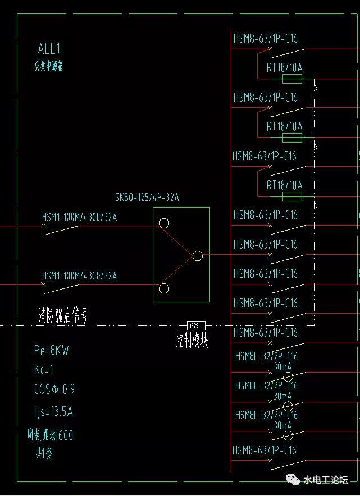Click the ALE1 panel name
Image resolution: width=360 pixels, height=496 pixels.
click(49, 49)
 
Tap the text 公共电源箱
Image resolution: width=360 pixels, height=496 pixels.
click(49, 66)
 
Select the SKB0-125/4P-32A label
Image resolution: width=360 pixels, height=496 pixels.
click(147, 197)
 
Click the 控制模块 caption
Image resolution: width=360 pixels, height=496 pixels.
click(192, 340)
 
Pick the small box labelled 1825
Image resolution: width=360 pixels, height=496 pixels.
click(195, 325)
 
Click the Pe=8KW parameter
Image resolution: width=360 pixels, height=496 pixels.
click(51, 351)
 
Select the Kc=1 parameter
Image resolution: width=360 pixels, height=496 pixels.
click(44, 370)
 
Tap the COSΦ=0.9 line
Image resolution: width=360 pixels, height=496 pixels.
click(54, 389)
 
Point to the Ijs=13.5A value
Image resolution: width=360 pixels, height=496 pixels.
click(53, 412)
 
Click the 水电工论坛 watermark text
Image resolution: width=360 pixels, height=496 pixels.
click(326, 480)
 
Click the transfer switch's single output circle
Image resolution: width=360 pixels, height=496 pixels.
click(198, 256)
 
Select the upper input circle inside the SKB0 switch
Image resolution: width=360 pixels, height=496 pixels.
click(164, 223)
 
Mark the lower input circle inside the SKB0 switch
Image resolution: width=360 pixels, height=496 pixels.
click(164, 288)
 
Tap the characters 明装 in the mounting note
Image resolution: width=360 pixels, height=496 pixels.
click(35, 435)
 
